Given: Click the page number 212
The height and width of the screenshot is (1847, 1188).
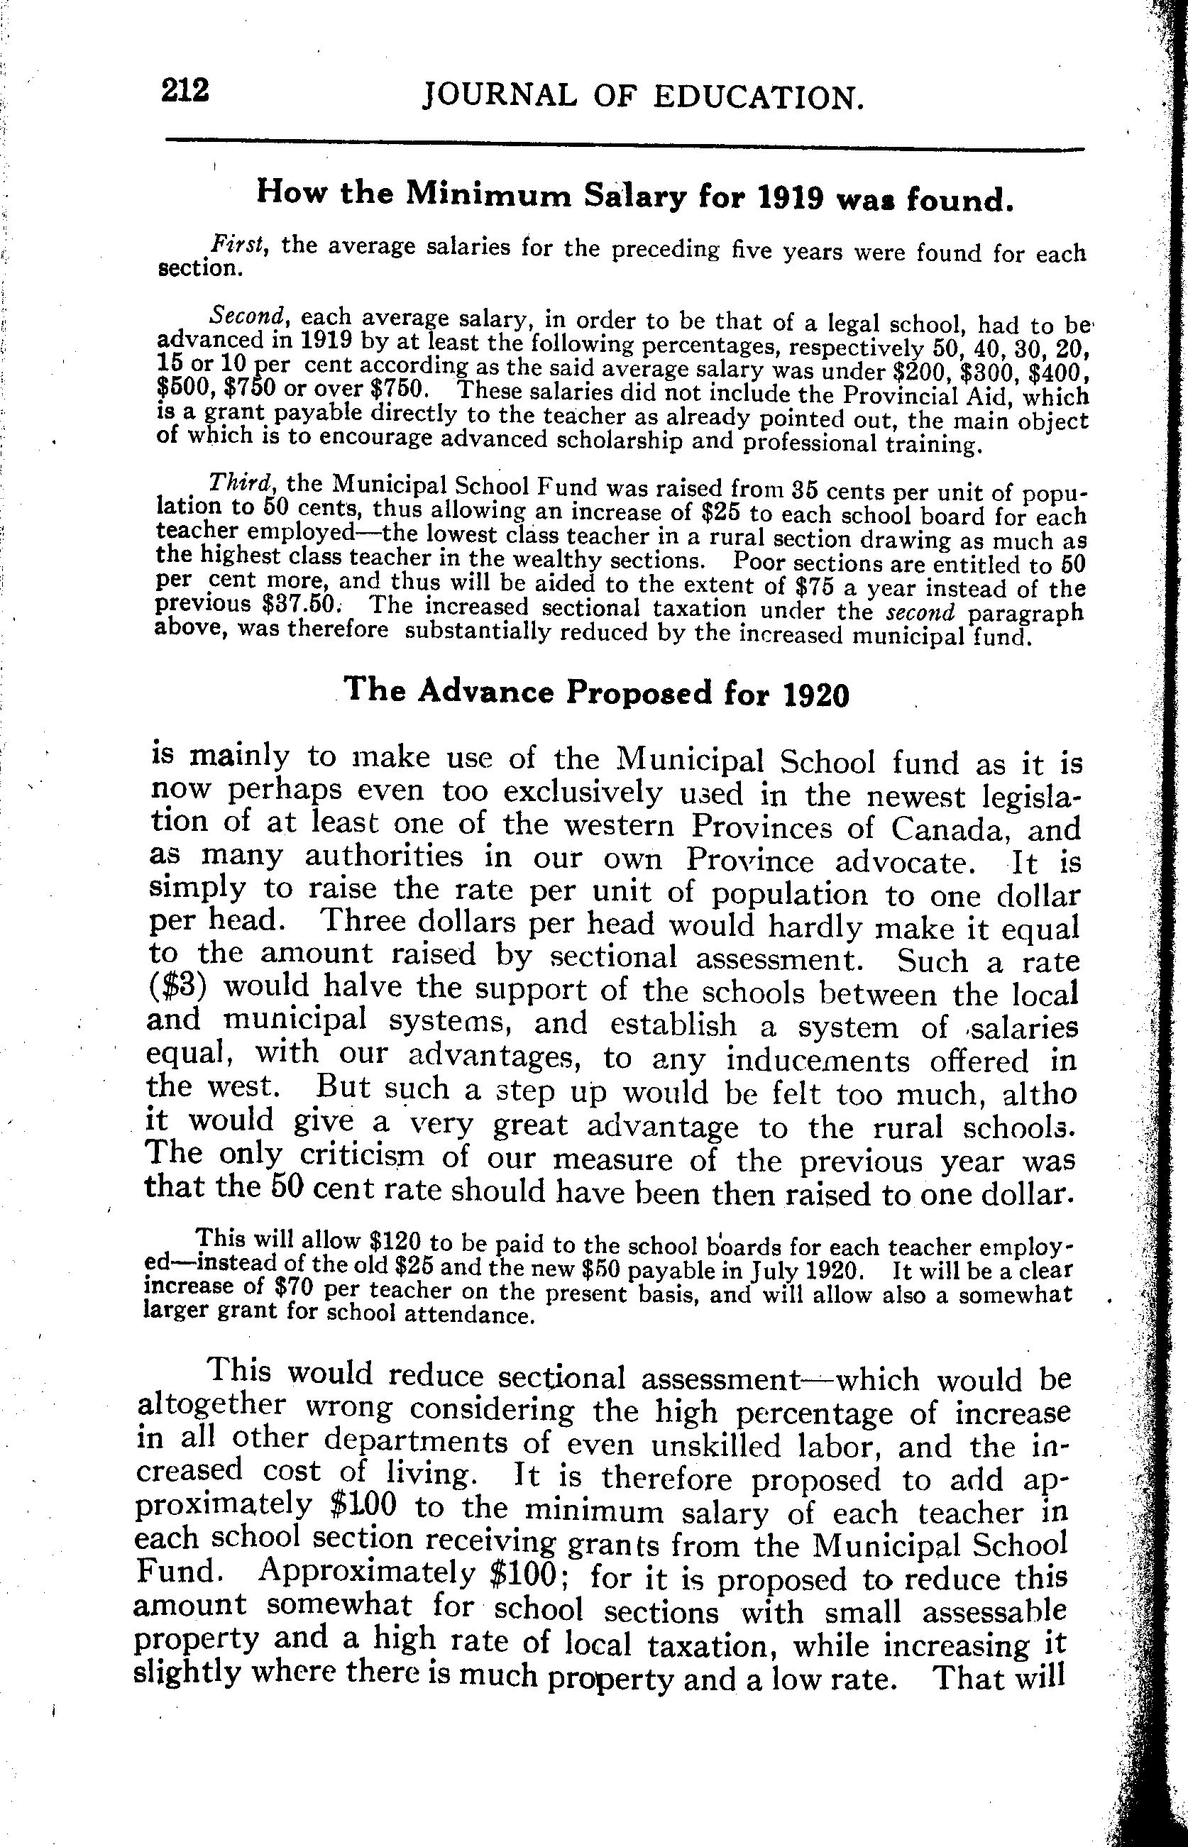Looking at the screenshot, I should (185, 91).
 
